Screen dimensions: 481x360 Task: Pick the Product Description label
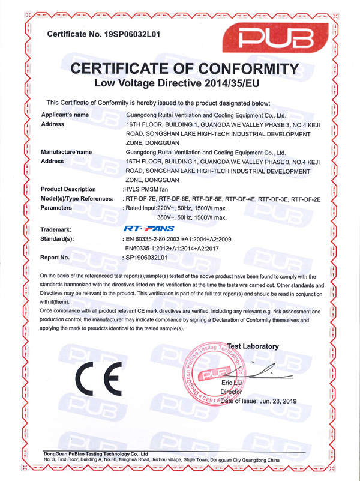tap(67, 189)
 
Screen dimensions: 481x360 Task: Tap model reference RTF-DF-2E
tap(306, 198)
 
